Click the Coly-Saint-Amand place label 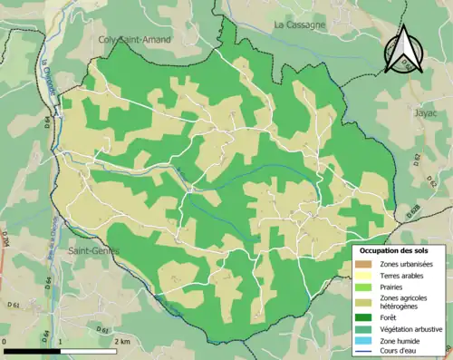[134, 40]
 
